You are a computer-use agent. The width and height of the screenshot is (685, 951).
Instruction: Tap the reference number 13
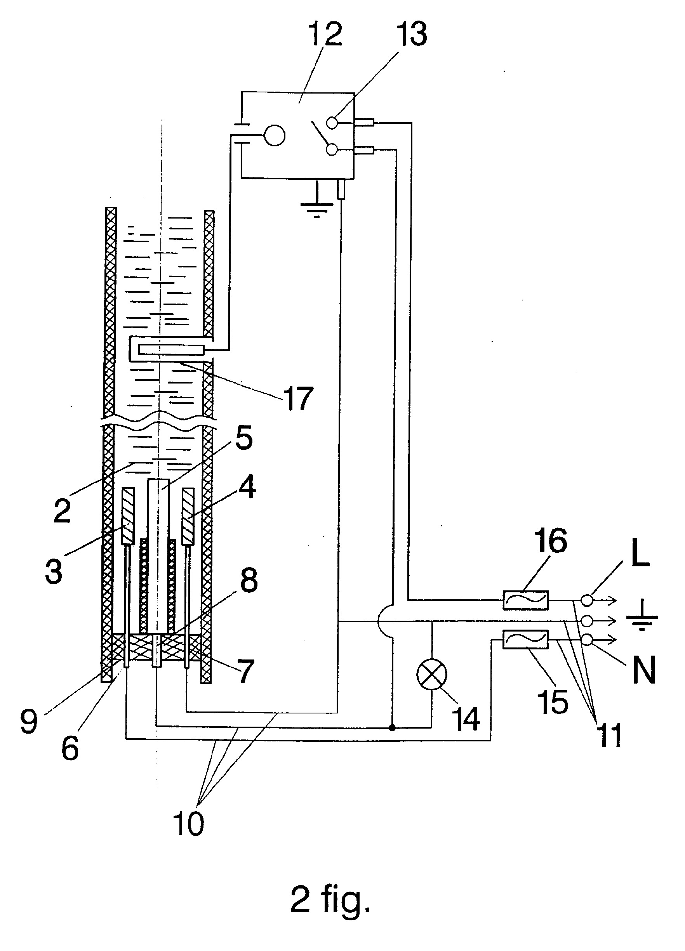tap(413, 33)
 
